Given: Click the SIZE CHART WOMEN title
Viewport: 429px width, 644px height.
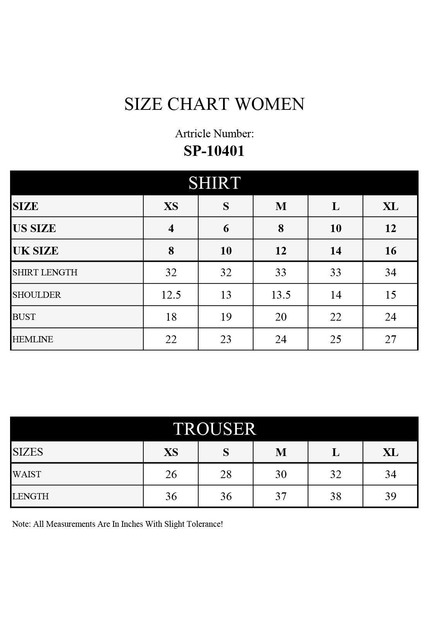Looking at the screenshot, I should tap(214, 104).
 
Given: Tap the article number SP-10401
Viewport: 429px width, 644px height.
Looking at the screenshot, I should tap(214, 150).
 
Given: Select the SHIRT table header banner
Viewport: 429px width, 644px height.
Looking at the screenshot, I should tap(214, 183).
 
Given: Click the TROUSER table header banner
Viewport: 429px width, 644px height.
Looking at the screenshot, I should tap(214, 429).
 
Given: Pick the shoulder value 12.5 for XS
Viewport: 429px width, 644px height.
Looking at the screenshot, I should tap(171, 295).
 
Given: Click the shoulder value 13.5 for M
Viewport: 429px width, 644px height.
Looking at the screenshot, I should tap(281, 295).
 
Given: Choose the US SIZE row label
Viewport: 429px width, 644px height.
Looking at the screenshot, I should tap(34, 228).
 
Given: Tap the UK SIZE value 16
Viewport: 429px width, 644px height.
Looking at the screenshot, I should tap(390, 251).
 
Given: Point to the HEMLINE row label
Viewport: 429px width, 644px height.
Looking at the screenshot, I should tap(33, 339).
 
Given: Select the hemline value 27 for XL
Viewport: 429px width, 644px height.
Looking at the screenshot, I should tap(390, 339).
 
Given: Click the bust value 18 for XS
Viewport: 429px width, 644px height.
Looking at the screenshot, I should tap(171, 317).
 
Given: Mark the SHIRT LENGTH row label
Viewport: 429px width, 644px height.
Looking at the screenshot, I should tap(45, 272).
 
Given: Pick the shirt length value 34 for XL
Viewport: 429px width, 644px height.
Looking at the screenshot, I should tap(390, 272).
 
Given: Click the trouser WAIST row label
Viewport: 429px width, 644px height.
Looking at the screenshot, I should tap(27, 474).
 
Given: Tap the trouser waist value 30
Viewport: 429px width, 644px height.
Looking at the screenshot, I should tap(281, 474).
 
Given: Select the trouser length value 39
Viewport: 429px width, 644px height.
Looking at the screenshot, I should tap(390, 496).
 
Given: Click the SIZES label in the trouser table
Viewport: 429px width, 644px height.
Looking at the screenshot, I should tap(28, 452).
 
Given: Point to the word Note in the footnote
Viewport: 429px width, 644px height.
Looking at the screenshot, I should tap(21, 524).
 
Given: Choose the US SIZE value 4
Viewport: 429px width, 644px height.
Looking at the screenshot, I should tap(171, 228).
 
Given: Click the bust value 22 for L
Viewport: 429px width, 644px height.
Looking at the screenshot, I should tap(335, 317).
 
